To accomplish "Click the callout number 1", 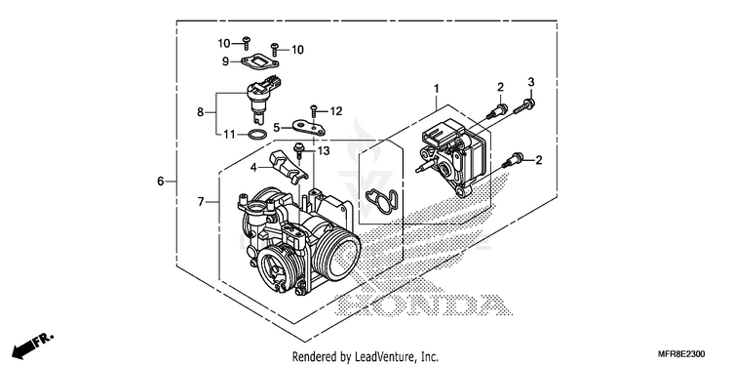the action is tap(437, 88).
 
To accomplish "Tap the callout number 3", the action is tap(530, 82).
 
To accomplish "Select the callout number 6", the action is tap(161, 182).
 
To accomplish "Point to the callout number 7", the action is tap(201, 202).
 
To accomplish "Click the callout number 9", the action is tap(225, 61).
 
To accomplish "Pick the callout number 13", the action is tap(324, 150).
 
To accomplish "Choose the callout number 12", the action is tap(336, 111).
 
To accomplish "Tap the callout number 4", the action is tap(253, 167).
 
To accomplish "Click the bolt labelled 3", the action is tap(524, 106).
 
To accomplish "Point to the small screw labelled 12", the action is tap(314, 110).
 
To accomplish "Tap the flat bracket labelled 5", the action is tap(308, 128).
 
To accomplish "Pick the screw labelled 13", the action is tap(298, 151).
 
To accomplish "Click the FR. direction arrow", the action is tap(32, 345).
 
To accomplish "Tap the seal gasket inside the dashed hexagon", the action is tap(381, 202).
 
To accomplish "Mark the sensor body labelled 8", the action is tap(263, 99).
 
